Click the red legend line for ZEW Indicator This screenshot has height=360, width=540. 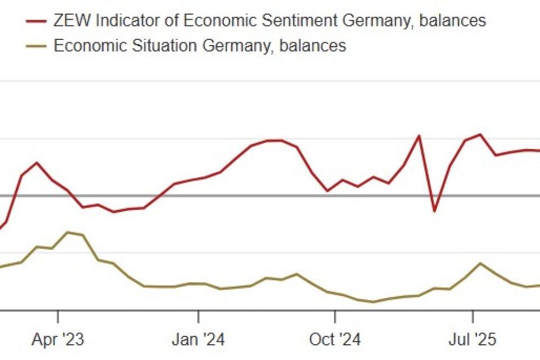click(x=37, y=21)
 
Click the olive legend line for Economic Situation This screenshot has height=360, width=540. click(x=37, y=46)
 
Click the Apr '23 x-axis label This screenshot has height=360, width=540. click(x=58, y=340)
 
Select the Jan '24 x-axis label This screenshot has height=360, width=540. click(x=199, y=340)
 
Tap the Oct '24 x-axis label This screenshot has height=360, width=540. click(x=335, y=340)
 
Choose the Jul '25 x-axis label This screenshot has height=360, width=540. click(x=472, y=340)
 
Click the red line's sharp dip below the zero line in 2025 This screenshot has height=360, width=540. click(x=434, y=211)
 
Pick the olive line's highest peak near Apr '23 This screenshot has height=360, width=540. click(x=67, y=232)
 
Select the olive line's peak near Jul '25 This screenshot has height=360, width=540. click(x=480, y=263)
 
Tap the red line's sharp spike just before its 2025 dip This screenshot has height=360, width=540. click(x=419, y=136)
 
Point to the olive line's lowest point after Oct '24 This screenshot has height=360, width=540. click(x=373, y=302)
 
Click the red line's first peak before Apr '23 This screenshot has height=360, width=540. click(x=37, y=163)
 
